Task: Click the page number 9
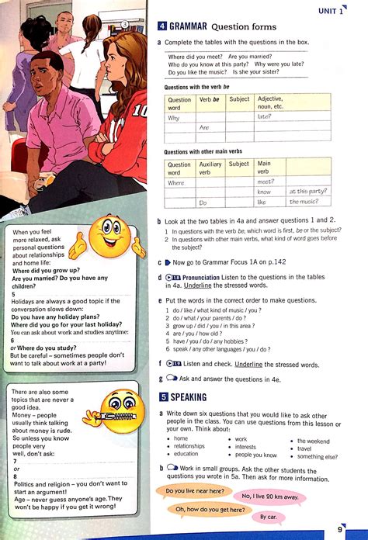coord(340,530)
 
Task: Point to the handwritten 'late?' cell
coord(264,116)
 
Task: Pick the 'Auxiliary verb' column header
coord(210,168)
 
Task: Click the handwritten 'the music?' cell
coord(304,202)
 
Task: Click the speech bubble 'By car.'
coord(269,516)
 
